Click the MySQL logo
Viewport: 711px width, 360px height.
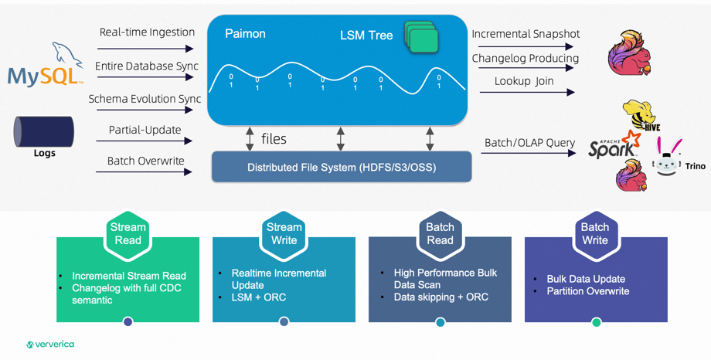pos(45,69)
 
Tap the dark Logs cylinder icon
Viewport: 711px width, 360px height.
pos(44,131)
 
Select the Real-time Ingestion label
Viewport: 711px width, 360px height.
pos(147,32)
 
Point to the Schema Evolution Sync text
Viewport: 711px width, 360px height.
pos(145,99)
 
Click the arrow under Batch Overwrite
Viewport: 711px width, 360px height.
pos(145,172)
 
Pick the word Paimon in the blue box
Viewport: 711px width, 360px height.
pos(245,34)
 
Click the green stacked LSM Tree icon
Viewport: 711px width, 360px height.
pos(421,38)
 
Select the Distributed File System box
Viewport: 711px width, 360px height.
pos(342,167)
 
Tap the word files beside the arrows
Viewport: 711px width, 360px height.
pos(274,139)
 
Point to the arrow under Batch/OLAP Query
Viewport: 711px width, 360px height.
pos(528,153)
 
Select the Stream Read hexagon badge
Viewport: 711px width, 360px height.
pos(128,233)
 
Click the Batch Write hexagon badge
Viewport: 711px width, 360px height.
pos(595,233)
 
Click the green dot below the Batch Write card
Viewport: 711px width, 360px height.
pos(597,322)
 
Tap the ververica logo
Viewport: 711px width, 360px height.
pos(50,345)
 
